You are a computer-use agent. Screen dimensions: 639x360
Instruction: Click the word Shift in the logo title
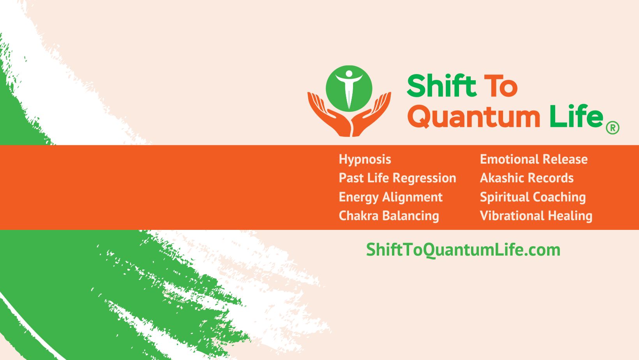[x=442, y=85]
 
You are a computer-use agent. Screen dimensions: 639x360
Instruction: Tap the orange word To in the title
[x=501, y=86]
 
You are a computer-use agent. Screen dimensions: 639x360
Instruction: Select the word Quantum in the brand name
[x=474, y=116]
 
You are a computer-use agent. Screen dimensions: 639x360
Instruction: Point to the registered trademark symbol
[x=613, y=127]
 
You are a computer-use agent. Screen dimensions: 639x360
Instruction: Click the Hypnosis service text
[x=365, y=160]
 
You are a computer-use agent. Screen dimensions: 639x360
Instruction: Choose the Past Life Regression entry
[x=397, y=178]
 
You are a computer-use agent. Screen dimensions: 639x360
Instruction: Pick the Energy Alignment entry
[x=390, y=198]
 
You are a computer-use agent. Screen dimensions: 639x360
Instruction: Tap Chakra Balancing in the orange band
[x=389, y=216]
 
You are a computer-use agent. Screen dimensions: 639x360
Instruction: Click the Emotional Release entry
[x=534, y=159]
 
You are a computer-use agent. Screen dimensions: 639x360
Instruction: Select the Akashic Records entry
[x=527, y=178]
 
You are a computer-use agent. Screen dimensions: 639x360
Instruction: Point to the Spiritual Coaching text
[x=533, y=198]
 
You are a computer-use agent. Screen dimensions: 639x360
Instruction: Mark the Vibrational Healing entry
[x=536, y=216]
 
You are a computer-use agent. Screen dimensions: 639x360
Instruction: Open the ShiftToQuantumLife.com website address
[x=463, y=250]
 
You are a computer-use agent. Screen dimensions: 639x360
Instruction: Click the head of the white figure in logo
[x=349, y=73]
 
